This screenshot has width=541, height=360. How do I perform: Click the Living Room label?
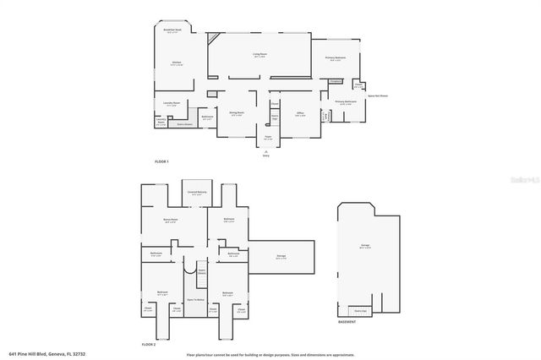coord(260,56)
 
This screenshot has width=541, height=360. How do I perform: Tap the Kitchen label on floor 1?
coord(177,63)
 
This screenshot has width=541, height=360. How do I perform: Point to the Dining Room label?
coord(237,112)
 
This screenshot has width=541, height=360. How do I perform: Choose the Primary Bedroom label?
coord(336,58)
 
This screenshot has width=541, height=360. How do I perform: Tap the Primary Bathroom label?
coord(345,102)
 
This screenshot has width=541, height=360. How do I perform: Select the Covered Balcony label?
coord(197,193)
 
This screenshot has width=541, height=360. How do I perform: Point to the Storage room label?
coord(281,256)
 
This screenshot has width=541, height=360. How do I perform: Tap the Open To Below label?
coord(196,299)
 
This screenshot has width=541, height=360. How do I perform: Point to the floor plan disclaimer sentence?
coord(270,354)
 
